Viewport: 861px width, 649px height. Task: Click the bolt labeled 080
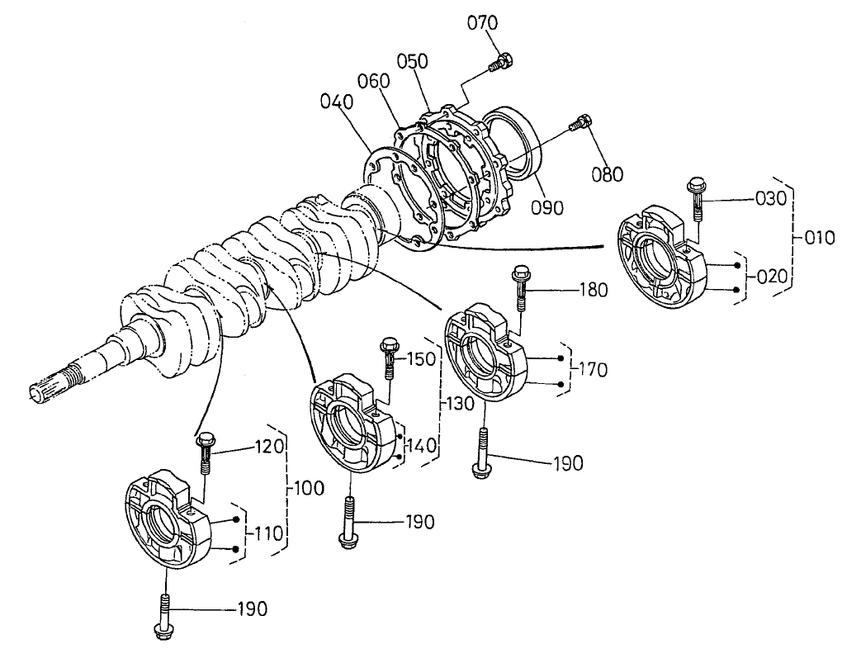(x=581, y=123)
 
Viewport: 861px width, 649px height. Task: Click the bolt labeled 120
(x=204, y=455)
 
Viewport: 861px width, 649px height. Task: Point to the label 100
(x=305, y=488)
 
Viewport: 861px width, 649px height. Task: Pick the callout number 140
(x=423, y=446)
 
